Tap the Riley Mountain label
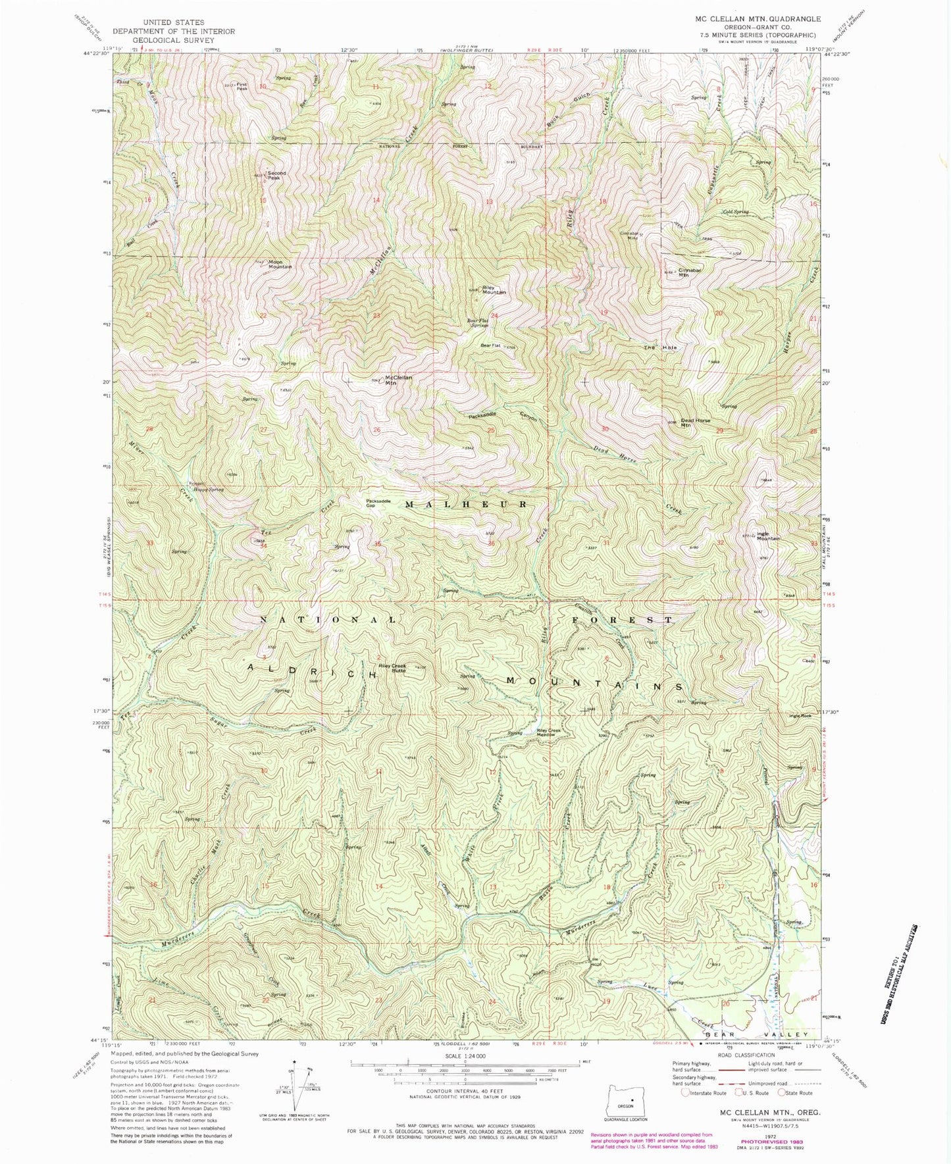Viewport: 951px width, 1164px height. tap(494, 290)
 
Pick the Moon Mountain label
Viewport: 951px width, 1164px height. tap(280, 265)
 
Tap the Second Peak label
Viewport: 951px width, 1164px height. tap(276, 176)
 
